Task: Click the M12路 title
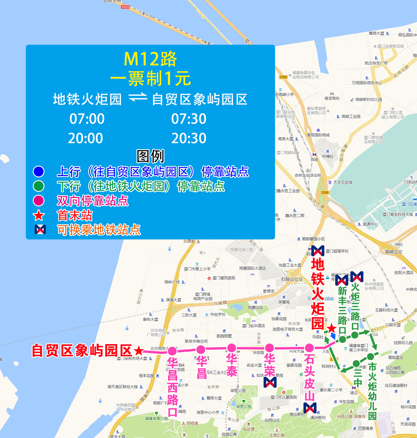click(x=150, y=59)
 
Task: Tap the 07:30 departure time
click(x=189, y=119)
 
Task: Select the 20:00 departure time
click(x=85, y=138)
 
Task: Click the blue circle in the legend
click(x=39, y=171)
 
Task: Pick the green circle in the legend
click(x=39, y=186)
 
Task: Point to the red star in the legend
click(x=39, y=216)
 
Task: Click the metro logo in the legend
click(x=40, y=229)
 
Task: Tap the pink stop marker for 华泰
click(x=232, y=348)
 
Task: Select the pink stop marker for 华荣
click(x=269, y=348)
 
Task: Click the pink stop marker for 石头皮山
click(x=309, y=348)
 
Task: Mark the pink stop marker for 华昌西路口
click(x=172, y=351)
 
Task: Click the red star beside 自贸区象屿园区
click(x=139, y=351)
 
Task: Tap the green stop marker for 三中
click(x=356, y=364)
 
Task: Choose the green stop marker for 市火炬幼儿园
click(x=370, y=356)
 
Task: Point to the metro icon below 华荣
click(x=270, y=382)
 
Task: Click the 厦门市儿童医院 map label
click(x=284, y=397)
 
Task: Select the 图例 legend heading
click(x=150, y=156)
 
